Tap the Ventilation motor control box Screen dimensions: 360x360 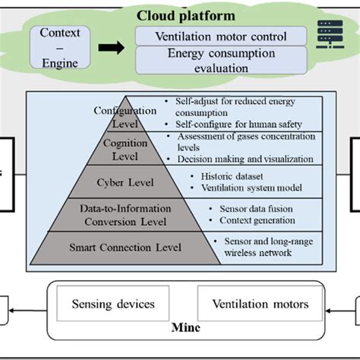221,36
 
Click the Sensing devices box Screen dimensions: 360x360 113,305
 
